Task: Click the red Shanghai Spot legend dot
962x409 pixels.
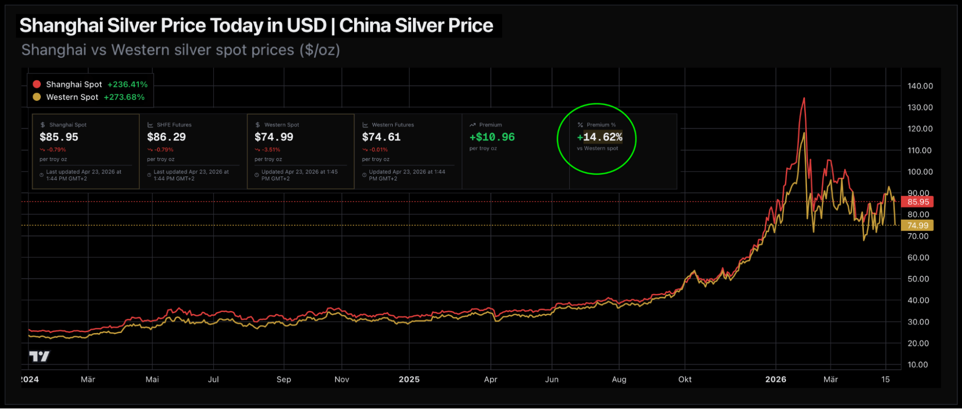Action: (37, 84)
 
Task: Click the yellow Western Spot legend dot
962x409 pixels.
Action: (37, 97)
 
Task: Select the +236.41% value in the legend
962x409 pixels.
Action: (128, 85)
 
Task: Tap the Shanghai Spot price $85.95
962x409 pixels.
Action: (59, 137)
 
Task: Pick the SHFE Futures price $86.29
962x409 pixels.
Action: (166, 137)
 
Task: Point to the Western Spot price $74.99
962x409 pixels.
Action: (274, 137)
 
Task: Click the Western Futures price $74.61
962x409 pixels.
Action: (381, 137)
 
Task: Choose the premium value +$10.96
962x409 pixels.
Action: (492, 137)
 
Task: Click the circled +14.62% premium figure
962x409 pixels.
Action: (600, 137)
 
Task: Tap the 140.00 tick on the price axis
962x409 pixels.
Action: (920, 86)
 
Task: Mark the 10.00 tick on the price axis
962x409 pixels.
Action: (917, 365)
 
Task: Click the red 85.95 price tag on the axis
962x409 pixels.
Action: (918, 202)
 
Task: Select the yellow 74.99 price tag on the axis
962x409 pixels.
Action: (918, 225)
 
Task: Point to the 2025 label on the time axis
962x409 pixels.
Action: (409, 379)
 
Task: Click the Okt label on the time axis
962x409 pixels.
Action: (685, 379)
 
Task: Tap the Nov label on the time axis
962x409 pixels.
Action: (342, 379)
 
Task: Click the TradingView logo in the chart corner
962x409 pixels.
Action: (39, 356)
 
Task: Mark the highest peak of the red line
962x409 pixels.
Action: (804, 99)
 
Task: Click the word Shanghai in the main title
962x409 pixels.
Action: (61, 25)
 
